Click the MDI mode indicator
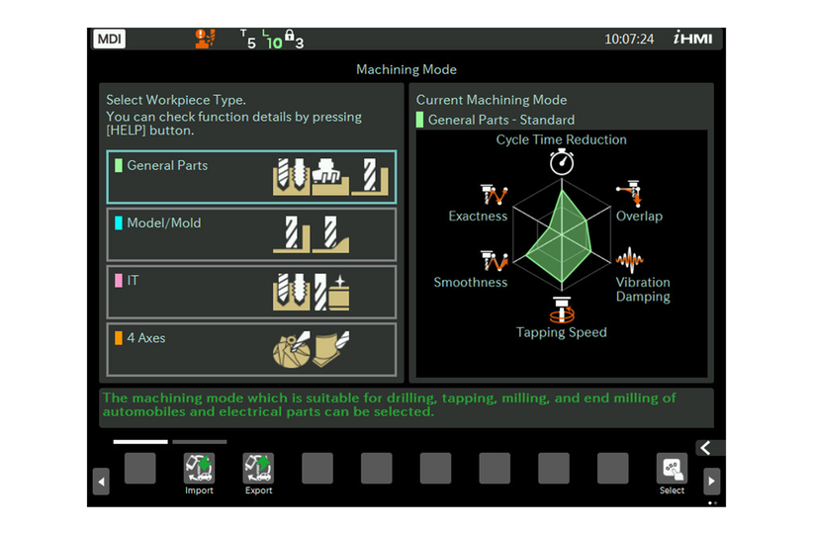click(109, 40)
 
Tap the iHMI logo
click(692, 40)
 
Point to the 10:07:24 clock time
click(629, 40)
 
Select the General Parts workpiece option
click(251, 177)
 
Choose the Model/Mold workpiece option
click(251, 234)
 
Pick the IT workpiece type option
click(251, 292)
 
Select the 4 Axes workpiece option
click(251, 349)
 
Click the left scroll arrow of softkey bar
click(101, 482)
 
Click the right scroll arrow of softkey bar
click(711, 482)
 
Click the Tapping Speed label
click(562, 332)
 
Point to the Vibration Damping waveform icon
click(630, 261)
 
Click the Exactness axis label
click(478, 216)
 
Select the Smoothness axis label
click(470, 282)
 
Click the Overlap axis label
click(639, 216)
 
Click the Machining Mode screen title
click(406, 70)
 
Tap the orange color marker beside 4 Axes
click(119, 338)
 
